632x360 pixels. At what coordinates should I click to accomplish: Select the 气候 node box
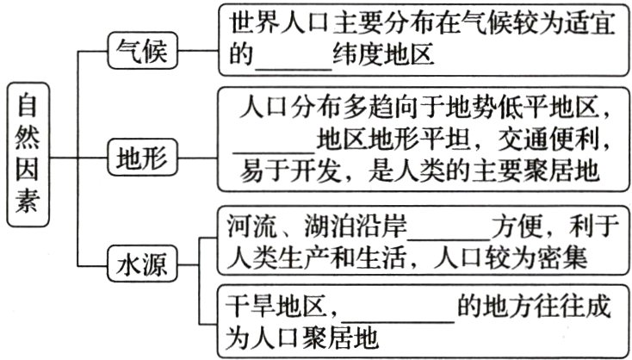[141, 53]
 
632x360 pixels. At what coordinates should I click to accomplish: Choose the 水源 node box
[141, 262]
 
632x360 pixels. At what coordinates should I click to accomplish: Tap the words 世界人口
[272, 23]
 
